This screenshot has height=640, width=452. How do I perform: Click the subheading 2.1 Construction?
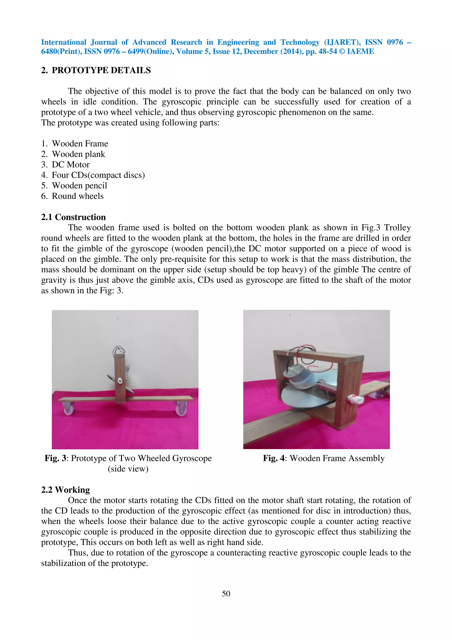73,217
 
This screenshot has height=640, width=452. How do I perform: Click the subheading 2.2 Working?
66,490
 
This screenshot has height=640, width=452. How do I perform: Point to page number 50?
226,593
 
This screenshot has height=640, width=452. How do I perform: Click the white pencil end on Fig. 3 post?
120,381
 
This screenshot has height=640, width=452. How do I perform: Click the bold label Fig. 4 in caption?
274,458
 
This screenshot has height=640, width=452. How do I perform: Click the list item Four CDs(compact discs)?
98,175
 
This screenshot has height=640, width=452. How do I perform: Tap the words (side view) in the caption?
128,469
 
